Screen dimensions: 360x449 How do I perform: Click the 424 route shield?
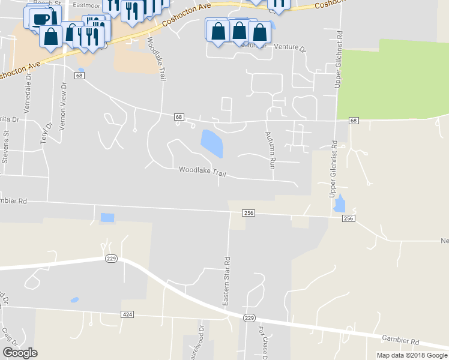point(127,314)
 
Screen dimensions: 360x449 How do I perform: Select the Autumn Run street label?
point(270,151)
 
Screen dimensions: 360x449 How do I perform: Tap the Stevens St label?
point(7,147)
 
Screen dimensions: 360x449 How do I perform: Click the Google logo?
point(20,353)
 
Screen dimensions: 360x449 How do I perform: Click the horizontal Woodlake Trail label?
point(202,171)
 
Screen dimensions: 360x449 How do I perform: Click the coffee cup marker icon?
point(40,19)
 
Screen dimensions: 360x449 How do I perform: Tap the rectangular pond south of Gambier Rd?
point(107,218)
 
